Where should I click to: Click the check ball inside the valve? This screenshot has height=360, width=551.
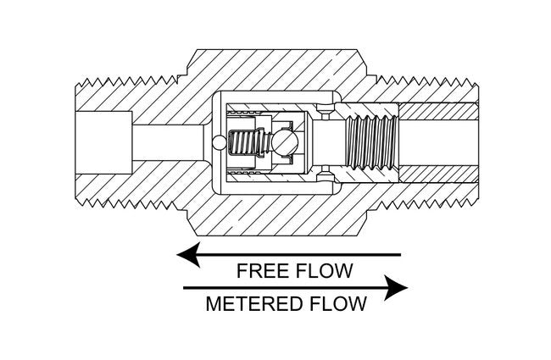(284, 141)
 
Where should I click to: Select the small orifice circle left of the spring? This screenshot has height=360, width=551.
(220, 141)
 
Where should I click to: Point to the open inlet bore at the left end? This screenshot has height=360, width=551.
(102, 141)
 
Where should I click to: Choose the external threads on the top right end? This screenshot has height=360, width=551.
(432, 81)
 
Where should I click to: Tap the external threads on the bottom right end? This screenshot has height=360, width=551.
(432, 203)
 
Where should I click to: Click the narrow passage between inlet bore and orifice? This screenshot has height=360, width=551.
(170, 141)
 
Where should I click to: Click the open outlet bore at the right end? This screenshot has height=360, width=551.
(441, 141)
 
